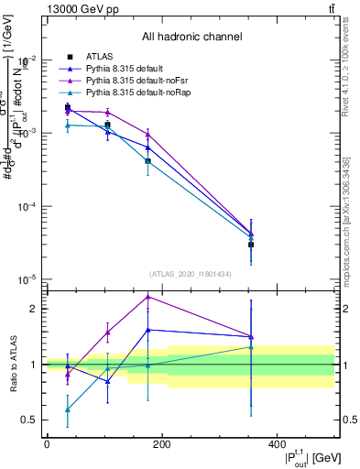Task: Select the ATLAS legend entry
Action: tap(97, 56)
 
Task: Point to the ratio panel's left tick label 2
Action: tap(35, 309)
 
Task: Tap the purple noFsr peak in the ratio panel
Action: tap(148, 296)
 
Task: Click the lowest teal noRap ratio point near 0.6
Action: tap(68, 409)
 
